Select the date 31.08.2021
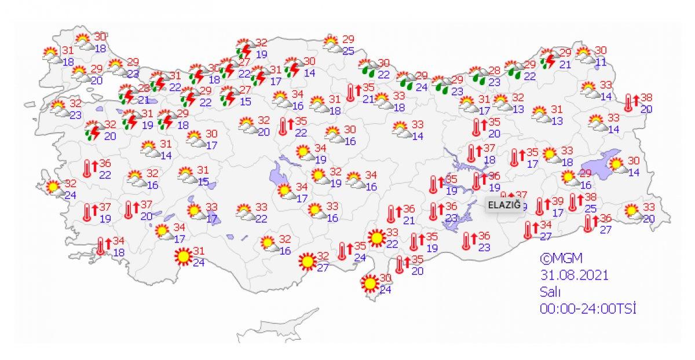point(574,275)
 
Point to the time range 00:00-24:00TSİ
point(588,309)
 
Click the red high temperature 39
point(558,201)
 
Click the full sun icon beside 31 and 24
point(183,256)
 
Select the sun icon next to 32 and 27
point(307,262)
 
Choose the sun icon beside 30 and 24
point(368,284)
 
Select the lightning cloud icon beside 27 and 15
point(229,95)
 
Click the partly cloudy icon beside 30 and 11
point(585,55)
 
